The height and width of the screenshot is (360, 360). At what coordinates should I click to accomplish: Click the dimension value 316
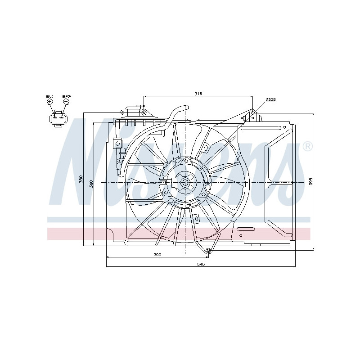coord(198,94)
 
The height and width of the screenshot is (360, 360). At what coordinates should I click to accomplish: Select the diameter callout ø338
coord(270,99)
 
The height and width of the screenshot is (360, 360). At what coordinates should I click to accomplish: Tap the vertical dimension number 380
coord(81,179)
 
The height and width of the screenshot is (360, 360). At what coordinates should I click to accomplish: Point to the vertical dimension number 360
coord(91,183)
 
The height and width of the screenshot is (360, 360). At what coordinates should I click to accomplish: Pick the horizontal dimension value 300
coord(157,255)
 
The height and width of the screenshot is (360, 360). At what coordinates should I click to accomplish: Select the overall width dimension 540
coord(201,264)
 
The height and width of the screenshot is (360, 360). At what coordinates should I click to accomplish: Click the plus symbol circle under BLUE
coord(50,102)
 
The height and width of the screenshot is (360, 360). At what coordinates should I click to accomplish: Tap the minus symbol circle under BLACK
coord(66,102)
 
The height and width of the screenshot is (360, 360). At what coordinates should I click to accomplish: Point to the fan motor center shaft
coord(185,182)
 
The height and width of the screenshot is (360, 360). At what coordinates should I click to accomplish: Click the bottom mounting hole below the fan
coord(208,250)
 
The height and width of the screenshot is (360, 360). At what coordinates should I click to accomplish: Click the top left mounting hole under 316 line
coord(143,112)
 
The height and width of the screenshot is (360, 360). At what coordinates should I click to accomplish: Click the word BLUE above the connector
coord(49,96)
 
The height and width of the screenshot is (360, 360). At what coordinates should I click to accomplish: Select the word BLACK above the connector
coord(67,96)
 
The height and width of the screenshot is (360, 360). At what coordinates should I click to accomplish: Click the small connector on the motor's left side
coord(163,182)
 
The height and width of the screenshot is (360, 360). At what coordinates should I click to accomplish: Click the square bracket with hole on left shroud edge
coord(118,143)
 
